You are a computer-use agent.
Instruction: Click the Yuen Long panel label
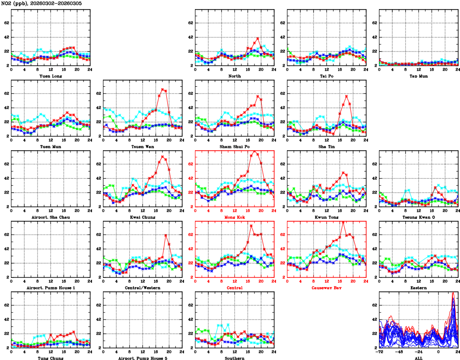[x=50, y=75]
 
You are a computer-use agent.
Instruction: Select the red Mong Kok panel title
[x=235, y=217]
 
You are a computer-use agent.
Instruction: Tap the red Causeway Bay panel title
[x=327, y=288]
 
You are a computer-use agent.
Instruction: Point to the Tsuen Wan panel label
[x=143, y=146]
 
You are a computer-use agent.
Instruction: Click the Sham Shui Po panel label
[x=235, y=146]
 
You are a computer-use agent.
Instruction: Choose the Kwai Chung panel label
[x=143, y=217]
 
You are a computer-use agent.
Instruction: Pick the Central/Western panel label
[x=143, y=288]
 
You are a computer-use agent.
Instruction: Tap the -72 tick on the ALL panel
[x=380, y=352]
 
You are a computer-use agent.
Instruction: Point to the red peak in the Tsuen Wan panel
[x=163, y=89]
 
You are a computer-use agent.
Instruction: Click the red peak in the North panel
[x=257, y=38]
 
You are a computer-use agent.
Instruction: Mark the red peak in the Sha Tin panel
[x=347, y=96]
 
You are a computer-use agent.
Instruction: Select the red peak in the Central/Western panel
[x=165, y=235]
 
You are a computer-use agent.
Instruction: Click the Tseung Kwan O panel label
[x=419, y=217]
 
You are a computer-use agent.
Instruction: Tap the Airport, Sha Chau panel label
[x=50, y=217]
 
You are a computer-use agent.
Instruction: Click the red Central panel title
[x=235, y=288]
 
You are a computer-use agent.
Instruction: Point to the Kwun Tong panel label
[x=327, y=217]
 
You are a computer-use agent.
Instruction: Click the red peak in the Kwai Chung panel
[x=163, y=156]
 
